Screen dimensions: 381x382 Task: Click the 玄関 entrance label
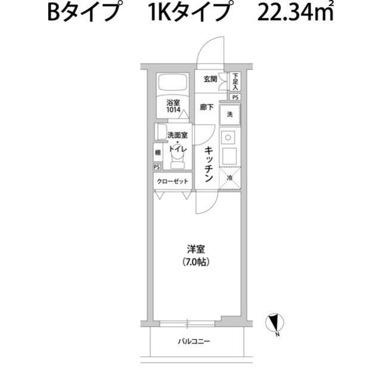[x=209, y=79]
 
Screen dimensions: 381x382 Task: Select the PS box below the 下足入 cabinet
[x=236, y=97]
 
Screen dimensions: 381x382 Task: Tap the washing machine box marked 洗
[x=230, y=113]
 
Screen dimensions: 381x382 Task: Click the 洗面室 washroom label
[x=177, y=136]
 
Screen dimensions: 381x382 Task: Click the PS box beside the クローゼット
[x=157, y=167]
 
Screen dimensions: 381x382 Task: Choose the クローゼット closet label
[x=172, y=181]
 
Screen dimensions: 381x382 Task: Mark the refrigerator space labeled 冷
[x=230, y=178]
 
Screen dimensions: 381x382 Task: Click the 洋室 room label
[x=191, y=250]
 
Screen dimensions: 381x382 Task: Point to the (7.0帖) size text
[x=191, y=262]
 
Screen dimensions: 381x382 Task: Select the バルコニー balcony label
[x=194, y=342]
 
